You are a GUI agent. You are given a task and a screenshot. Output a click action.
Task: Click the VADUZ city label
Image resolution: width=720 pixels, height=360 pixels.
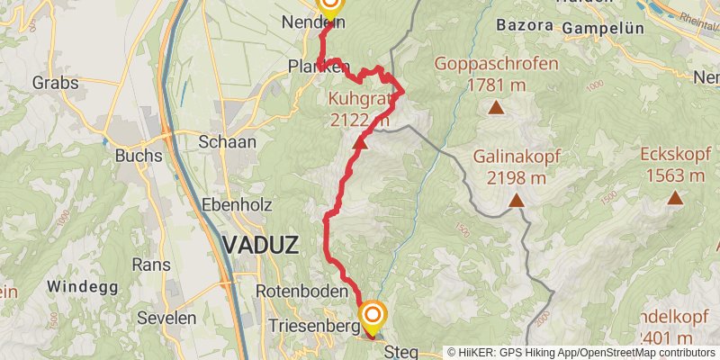click(x=260, y=244)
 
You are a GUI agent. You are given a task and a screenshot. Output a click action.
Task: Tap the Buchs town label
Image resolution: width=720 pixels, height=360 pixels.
click(x=138, y=155)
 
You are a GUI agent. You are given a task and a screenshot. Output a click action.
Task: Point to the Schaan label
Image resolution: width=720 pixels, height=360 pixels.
click(x=228, y=141)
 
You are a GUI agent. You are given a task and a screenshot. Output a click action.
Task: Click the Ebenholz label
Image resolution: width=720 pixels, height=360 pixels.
click(x=237, y=204)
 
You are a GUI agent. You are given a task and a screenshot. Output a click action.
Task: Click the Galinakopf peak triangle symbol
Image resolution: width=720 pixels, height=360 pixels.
click(x=517, y=200)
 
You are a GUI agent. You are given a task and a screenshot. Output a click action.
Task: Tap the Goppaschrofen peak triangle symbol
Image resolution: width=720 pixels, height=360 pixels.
click(x=495, y=109)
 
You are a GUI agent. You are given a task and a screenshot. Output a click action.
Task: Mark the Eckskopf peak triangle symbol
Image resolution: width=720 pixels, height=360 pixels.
click(x=675, y=195)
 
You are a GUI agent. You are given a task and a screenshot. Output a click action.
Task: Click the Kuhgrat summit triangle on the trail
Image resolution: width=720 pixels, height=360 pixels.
click(x=360, y=141)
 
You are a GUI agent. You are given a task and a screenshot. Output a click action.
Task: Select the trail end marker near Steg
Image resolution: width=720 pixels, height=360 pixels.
click(x=373, y=315)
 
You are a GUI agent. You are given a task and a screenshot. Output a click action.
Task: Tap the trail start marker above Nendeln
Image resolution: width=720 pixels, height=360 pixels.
click(x=329, y=7)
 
